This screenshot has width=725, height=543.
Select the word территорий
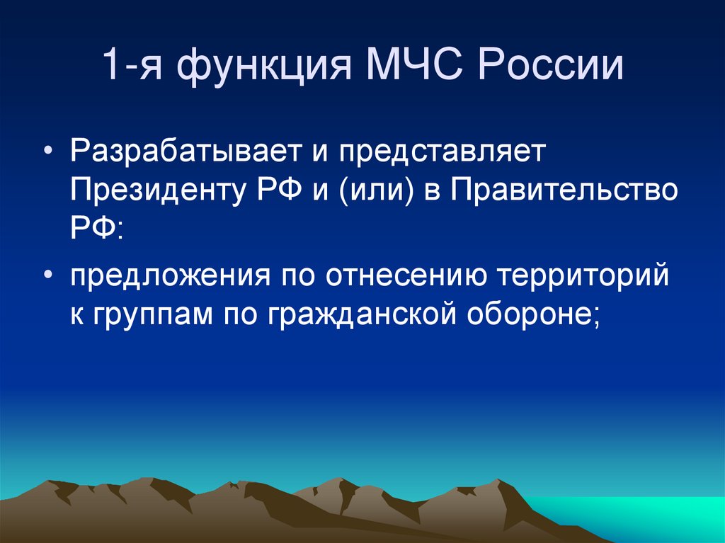coord(584,276)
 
